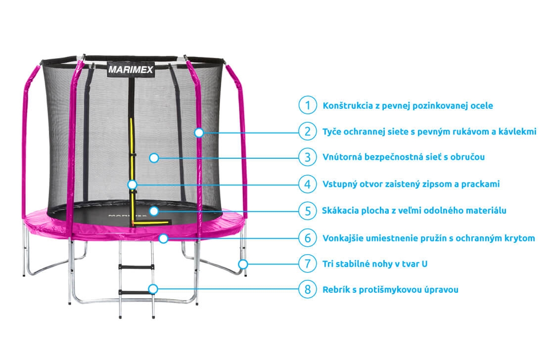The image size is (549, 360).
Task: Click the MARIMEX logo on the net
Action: point(131,70)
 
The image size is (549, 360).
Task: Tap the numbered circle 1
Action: point(308,105)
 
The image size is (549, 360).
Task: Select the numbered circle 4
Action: point(308,184)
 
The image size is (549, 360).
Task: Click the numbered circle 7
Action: point(308,264)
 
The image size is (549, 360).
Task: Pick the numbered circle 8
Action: point(308,289)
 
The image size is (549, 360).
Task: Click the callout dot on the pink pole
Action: point(199,132)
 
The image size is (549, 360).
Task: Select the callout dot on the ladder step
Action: point(154,289)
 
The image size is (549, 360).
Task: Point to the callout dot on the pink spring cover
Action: point(164,238)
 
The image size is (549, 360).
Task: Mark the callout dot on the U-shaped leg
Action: point(242,264)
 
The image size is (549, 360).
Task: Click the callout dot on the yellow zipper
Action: point(132,184)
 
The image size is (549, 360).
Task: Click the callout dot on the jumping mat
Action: point(154,211)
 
